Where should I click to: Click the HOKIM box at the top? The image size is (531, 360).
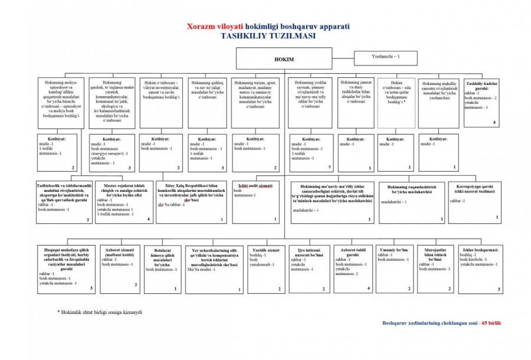284,59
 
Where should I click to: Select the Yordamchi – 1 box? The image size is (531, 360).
385,58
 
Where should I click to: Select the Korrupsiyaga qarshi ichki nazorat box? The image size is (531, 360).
474,202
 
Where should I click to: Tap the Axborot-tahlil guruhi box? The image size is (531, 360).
353,269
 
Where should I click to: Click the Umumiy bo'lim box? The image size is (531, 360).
395,269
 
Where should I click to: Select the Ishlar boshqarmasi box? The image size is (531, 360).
481,269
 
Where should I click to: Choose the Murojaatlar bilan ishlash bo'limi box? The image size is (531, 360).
435,269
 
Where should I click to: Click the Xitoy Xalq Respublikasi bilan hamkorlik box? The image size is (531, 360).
192,202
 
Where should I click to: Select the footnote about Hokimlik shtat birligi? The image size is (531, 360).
100,312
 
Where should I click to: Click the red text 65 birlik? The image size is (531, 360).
491,323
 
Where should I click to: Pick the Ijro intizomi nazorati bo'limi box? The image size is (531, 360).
308,269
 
